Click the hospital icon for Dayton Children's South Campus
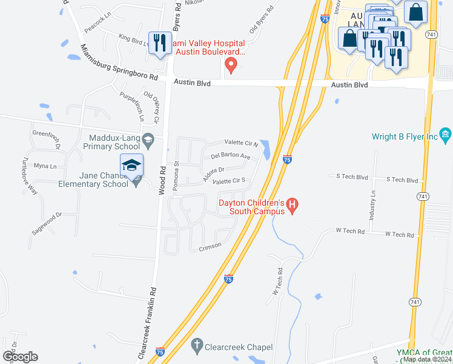[293, 207]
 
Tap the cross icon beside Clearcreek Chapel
[196, 347]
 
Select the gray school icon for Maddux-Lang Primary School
[147, 141]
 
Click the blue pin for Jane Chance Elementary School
[131, 166]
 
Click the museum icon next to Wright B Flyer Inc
[445, 134]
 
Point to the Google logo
[20, 356]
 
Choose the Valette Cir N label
[242, 143]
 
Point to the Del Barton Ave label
[231, 156]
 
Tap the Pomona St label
[176, 176]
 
